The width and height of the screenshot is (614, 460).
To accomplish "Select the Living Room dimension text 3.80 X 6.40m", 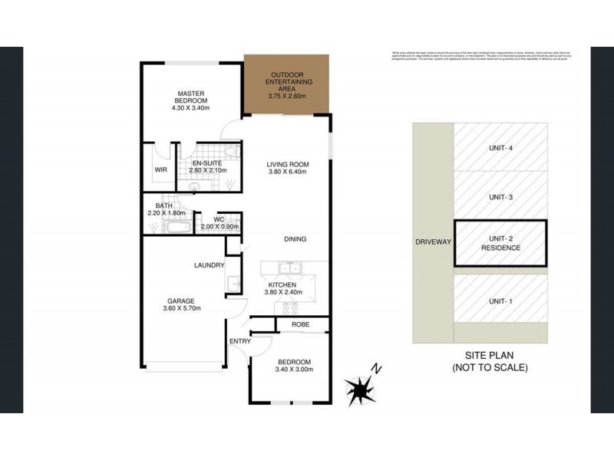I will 287,172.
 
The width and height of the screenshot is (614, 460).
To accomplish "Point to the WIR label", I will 160,169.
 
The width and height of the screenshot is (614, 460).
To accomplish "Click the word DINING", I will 294,239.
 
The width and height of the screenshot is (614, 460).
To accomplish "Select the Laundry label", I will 209,265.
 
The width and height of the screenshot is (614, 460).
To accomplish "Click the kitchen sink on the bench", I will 290,269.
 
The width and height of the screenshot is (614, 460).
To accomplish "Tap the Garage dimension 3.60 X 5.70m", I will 181,308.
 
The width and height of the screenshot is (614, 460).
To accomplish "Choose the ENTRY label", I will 239,342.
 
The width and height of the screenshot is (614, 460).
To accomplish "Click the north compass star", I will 358,389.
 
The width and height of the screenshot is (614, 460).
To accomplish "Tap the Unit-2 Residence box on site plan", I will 500,243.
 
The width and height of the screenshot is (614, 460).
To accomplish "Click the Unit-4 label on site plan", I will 500,149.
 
